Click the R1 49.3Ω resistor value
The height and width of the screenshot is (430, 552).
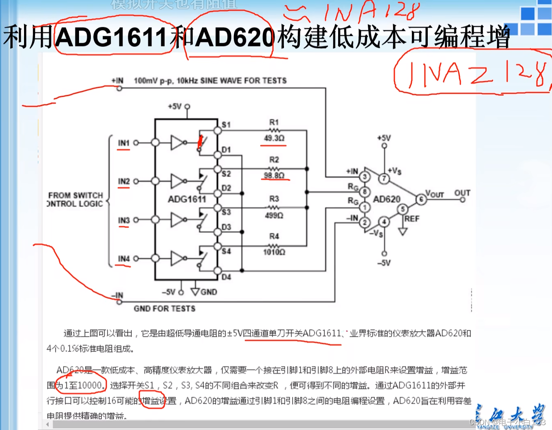[x=274, y=138]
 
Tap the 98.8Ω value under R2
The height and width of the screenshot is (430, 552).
[x=274, y=175]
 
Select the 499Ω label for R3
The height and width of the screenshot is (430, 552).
[x=274, y=215]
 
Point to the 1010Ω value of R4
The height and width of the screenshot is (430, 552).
[x=274, y=252]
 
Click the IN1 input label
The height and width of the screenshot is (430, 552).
[x=123, y=143]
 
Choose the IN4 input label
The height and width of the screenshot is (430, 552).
[x=123, y=259]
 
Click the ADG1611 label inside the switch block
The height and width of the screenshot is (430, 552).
[x=187, y=199]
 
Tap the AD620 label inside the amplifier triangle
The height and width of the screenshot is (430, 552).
[x=387, y=199]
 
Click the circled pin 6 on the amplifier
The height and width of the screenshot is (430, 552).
[x=420, y=199]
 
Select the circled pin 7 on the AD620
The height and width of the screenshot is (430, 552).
[x=383, y=178]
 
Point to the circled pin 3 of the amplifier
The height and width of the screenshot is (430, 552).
[x=365, y=177]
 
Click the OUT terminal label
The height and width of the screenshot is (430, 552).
[x=462, y=193]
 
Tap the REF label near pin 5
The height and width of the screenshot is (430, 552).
[x=411, y=219]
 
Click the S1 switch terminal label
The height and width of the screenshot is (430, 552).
[x=226, y=125]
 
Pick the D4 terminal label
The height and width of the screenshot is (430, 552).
[x=226, y=277]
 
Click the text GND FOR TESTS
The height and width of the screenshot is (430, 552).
[x=164, y=309]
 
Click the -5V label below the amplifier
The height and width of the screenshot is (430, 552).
[x=384, y=263]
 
